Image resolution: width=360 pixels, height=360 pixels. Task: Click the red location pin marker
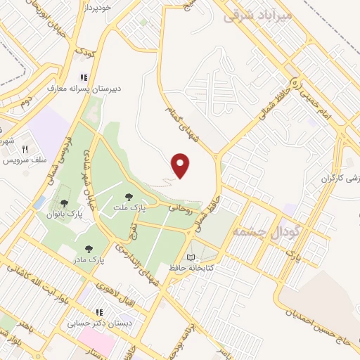pos(181,165)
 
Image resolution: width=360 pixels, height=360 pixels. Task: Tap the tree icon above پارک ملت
pos(128,198)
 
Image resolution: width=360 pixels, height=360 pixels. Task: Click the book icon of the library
pos(191,257)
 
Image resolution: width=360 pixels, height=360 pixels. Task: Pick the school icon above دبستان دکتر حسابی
pos(98,312)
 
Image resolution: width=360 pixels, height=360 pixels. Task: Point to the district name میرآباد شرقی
pos(256,15)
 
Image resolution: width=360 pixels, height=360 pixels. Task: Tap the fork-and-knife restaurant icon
pos(25,149)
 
